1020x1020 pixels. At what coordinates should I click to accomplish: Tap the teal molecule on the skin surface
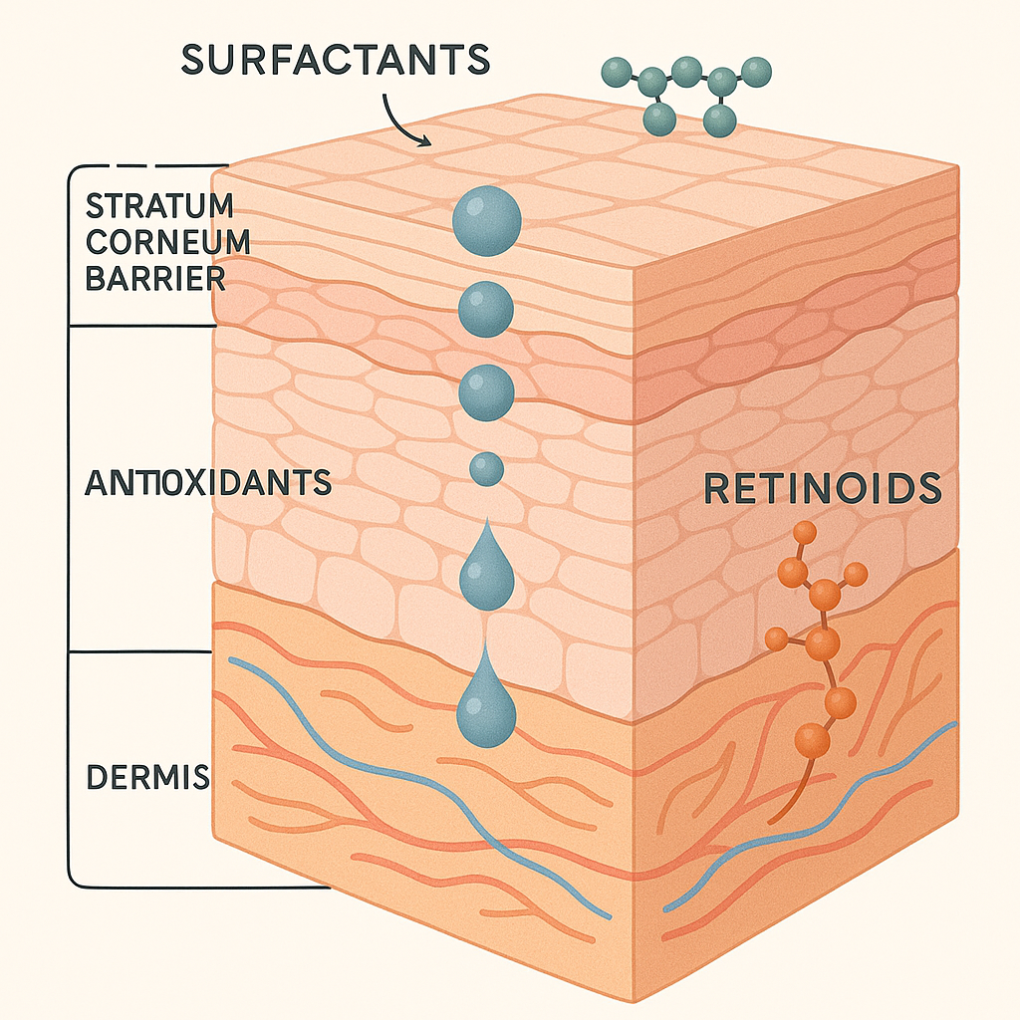684,95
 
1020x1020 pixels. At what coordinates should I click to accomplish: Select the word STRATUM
159,208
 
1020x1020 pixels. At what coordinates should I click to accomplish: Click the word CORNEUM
166,243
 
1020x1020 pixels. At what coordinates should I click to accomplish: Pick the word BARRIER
154,278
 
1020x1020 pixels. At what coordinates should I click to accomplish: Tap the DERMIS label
148,777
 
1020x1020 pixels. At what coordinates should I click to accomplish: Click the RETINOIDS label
822,488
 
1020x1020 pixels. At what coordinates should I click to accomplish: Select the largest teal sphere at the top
486,221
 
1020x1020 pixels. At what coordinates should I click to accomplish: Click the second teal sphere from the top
485,308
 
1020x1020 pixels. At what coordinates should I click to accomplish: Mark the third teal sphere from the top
485,391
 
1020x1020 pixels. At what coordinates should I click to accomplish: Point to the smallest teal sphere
485,468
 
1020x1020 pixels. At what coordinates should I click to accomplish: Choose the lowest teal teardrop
486,707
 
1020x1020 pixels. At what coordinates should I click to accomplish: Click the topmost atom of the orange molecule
802,535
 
